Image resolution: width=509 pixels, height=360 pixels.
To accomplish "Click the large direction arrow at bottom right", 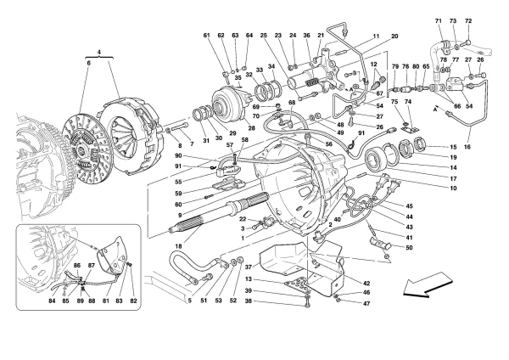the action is coord(427,284).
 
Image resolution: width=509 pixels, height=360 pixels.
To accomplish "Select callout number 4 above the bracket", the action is coord(99,52).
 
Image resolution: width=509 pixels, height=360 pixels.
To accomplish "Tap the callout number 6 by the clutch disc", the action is coord(88,63).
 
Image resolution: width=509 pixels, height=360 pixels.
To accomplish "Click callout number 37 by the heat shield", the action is coord(249,267).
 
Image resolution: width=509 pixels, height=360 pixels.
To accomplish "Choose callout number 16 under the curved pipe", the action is coord(467,147).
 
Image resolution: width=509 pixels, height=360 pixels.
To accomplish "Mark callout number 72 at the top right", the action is coord(468,21).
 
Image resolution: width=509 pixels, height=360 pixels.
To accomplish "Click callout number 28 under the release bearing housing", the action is coord(252,127).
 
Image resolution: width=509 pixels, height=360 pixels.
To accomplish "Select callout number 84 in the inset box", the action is coord(52,301).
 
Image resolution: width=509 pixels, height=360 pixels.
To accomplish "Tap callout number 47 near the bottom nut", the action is coord(366,303).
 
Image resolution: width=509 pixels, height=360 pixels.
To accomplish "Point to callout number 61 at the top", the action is coord(207,35).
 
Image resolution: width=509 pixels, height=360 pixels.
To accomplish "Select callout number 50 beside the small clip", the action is coord(409,248).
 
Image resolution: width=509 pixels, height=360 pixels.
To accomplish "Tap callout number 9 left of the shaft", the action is coord(180,215).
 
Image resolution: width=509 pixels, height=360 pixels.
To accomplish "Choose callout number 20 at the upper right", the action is coord(394,37).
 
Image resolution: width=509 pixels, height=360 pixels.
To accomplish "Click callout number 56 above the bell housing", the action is coord(329,144).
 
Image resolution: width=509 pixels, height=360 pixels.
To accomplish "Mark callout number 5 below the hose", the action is coord(189,301).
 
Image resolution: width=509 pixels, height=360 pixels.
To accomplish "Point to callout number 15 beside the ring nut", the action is coord(454,147).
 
